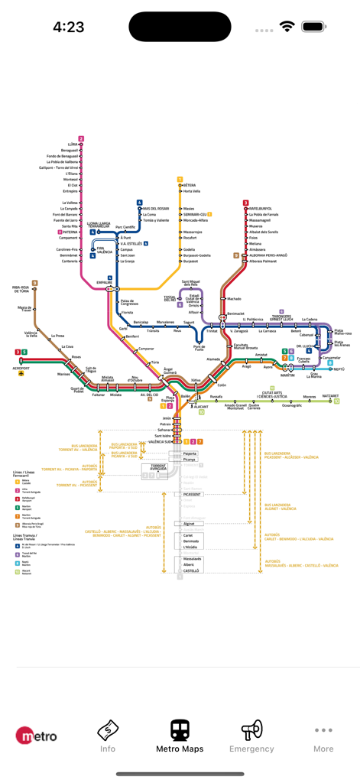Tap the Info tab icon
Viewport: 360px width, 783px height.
coord(108,730)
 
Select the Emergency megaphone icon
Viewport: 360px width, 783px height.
coord(251,730)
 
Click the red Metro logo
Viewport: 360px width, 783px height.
coord(37,736)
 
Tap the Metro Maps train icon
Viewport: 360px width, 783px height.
coord(180,730)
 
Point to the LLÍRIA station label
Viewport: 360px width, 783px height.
coord(73,145)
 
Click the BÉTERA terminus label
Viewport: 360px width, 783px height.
coord(190,185)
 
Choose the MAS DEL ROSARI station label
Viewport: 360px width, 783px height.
coord(155,209)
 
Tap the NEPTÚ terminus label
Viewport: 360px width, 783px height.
coord(339,369)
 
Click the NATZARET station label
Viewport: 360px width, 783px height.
coord(330,396)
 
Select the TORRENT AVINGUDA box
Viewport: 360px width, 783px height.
coord(158,466)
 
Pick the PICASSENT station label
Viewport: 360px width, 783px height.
coord(192,495)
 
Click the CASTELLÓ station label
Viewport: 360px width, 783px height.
coord(191,570)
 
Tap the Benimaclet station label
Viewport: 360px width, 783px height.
coord(235,314)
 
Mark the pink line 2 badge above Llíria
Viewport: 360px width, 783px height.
coord(81,138)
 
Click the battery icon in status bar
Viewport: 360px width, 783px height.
coord(313,27)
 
